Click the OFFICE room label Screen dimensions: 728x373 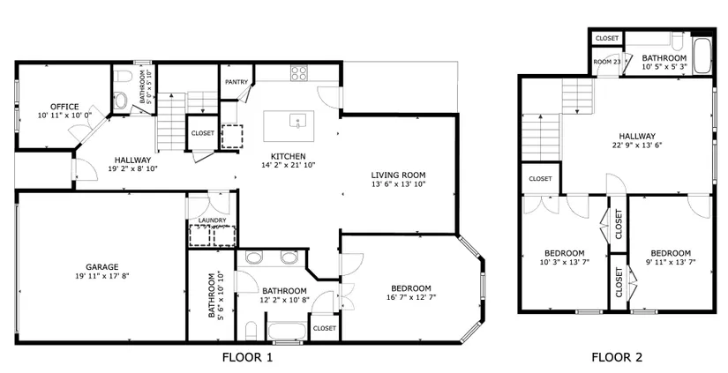point(64,107)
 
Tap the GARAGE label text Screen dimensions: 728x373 point(102,267)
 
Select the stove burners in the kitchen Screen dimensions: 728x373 point(299,73)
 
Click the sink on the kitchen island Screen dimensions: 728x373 point(297,122)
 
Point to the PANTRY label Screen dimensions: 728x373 point(236,82)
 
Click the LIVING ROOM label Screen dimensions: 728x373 point(398,175)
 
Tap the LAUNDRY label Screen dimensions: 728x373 point(212,220)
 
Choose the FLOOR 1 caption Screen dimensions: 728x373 point(247,357)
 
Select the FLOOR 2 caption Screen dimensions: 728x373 point(617,357)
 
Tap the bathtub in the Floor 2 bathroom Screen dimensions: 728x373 point(702,56)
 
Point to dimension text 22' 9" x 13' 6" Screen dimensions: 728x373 point(637,145)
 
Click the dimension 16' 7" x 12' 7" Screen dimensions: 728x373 point(411,297)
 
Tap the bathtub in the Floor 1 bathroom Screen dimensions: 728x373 point(288,332)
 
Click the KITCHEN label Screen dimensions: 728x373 point(289,156)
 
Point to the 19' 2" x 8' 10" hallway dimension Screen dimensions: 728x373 point(132,169)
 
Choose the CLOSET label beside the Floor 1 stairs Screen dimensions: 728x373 point(203,133)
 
